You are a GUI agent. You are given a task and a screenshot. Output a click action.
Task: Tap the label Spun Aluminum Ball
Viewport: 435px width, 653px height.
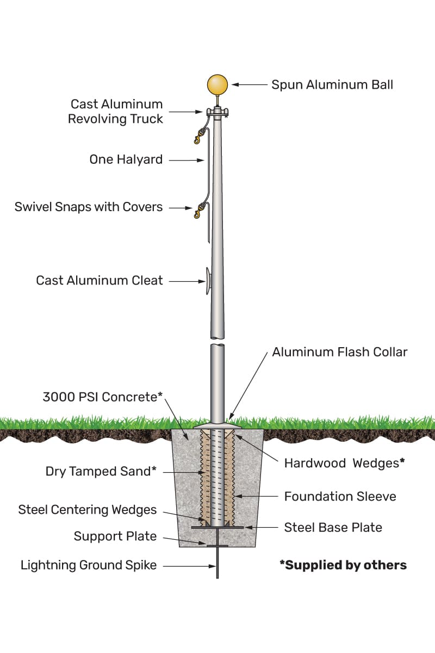(x=332, y=85)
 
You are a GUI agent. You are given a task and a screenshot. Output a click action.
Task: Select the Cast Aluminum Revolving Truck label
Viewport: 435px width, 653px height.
(x=115, y=112)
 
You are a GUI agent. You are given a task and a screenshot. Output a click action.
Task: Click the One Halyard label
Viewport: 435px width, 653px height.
(x=126, y=160)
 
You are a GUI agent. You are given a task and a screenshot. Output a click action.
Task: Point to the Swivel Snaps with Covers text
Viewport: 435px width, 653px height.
(x=89, y=207)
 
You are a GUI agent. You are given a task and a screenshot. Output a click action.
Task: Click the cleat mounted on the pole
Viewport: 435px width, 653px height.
(x=208, y=281)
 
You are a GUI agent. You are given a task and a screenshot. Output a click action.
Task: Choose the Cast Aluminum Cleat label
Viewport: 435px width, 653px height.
(x=100, y=281)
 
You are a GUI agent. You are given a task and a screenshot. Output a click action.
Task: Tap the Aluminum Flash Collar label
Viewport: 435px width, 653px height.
(x=340, y=352)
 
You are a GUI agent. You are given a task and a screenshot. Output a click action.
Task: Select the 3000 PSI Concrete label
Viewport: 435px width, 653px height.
(x=103, y=397)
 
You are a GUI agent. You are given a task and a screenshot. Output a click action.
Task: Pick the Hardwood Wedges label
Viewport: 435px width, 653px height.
(x=345, y=463)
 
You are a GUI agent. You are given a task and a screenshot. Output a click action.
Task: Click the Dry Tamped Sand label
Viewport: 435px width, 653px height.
(x=101, y=472)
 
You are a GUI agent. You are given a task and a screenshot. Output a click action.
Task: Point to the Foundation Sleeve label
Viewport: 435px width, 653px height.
(x=340, y=496)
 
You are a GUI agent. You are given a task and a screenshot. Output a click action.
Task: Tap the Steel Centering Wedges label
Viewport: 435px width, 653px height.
(x=88, y=510)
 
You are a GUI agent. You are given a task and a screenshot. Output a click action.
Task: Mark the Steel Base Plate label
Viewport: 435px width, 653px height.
(x=333, y=527)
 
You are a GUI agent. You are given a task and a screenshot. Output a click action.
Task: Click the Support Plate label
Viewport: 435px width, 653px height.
(x=115, y=537)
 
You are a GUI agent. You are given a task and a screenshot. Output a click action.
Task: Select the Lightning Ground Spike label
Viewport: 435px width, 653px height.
(x=89, y=565)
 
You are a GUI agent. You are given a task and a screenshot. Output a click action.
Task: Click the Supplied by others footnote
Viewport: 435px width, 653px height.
(x=343, y=565)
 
